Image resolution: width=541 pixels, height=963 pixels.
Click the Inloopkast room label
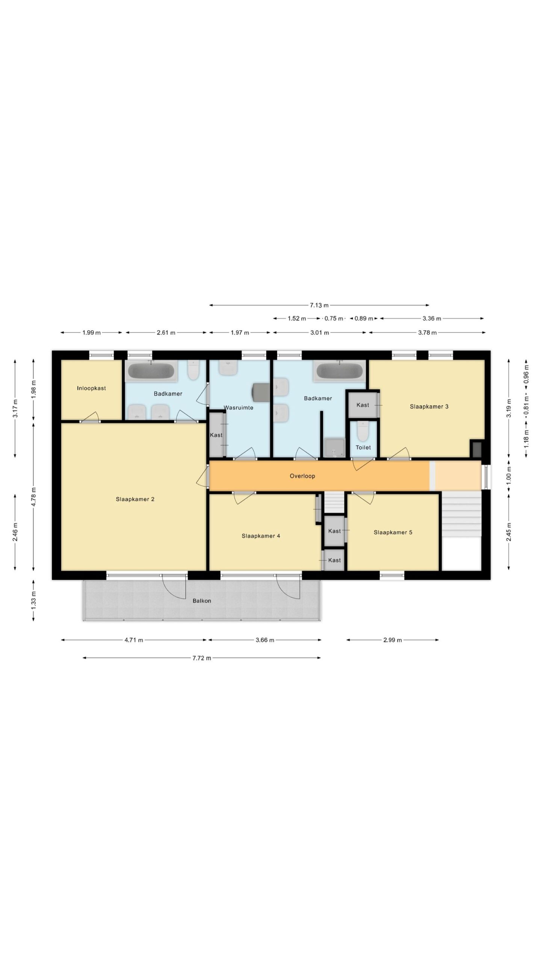(91, 388)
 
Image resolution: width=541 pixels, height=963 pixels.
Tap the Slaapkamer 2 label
(135, 499)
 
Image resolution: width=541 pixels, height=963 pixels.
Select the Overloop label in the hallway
(302, 476)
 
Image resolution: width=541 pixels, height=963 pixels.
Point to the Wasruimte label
(239, 407)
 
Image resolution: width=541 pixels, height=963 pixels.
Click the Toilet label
(363, 447)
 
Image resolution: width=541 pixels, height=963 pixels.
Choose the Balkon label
(202, 601)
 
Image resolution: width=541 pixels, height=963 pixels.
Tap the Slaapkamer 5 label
(393, 532)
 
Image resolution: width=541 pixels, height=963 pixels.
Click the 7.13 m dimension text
(319, 305)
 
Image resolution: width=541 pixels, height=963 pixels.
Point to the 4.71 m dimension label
(134, 640)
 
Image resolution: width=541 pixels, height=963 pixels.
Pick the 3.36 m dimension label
(432, 318)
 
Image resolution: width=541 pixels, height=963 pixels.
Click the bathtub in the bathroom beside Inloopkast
(151, 371)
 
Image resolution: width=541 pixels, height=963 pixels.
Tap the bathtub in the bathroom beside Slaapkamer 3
(340, 371)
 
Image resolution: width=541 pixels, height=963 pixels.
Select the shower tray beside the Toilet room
(334, 448)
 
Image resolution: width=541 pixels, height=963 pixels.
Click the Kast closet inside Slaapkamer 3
(363, 405)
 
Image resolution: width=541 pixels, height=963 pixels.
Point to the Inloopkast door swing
(90, 416)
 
